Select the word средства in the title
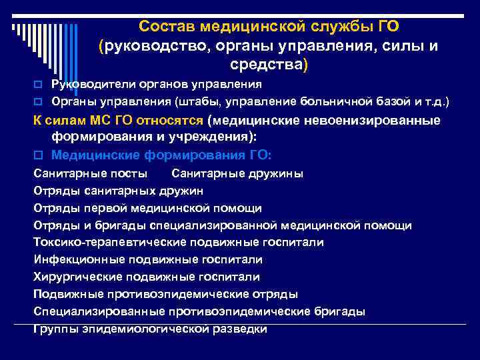(x=265, y=66)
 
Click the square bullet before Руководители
(x=38, y=85)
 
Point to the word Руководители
(x=89, y=85)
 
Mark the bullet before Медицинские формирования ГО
(x=38, y=155)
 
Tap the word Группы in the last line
(x=53, y=329)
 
